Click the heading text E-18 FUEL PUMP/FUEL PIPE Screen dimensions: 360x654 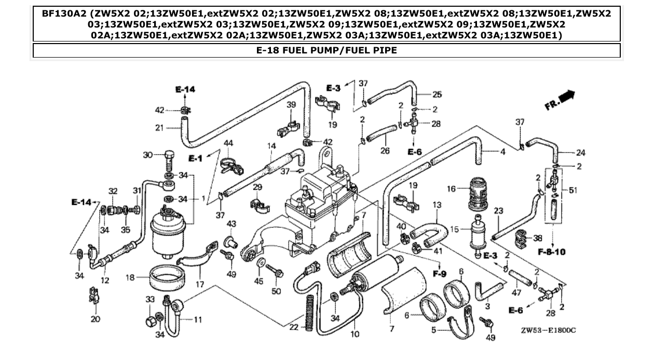[326, 50]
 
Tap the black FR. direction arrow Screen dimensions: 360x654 [567, 95]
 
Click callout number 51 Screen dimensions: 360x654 [573, 190]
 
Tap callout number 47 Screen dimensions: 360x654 [516, 293]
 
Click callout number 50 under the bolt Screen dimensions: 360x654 [276, 291]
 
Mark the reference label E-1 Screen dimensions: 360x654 [195, 158]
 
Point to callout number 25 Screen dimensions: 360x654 [437, 94]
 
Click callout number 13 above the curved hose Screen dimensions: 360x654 [437, 205]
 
